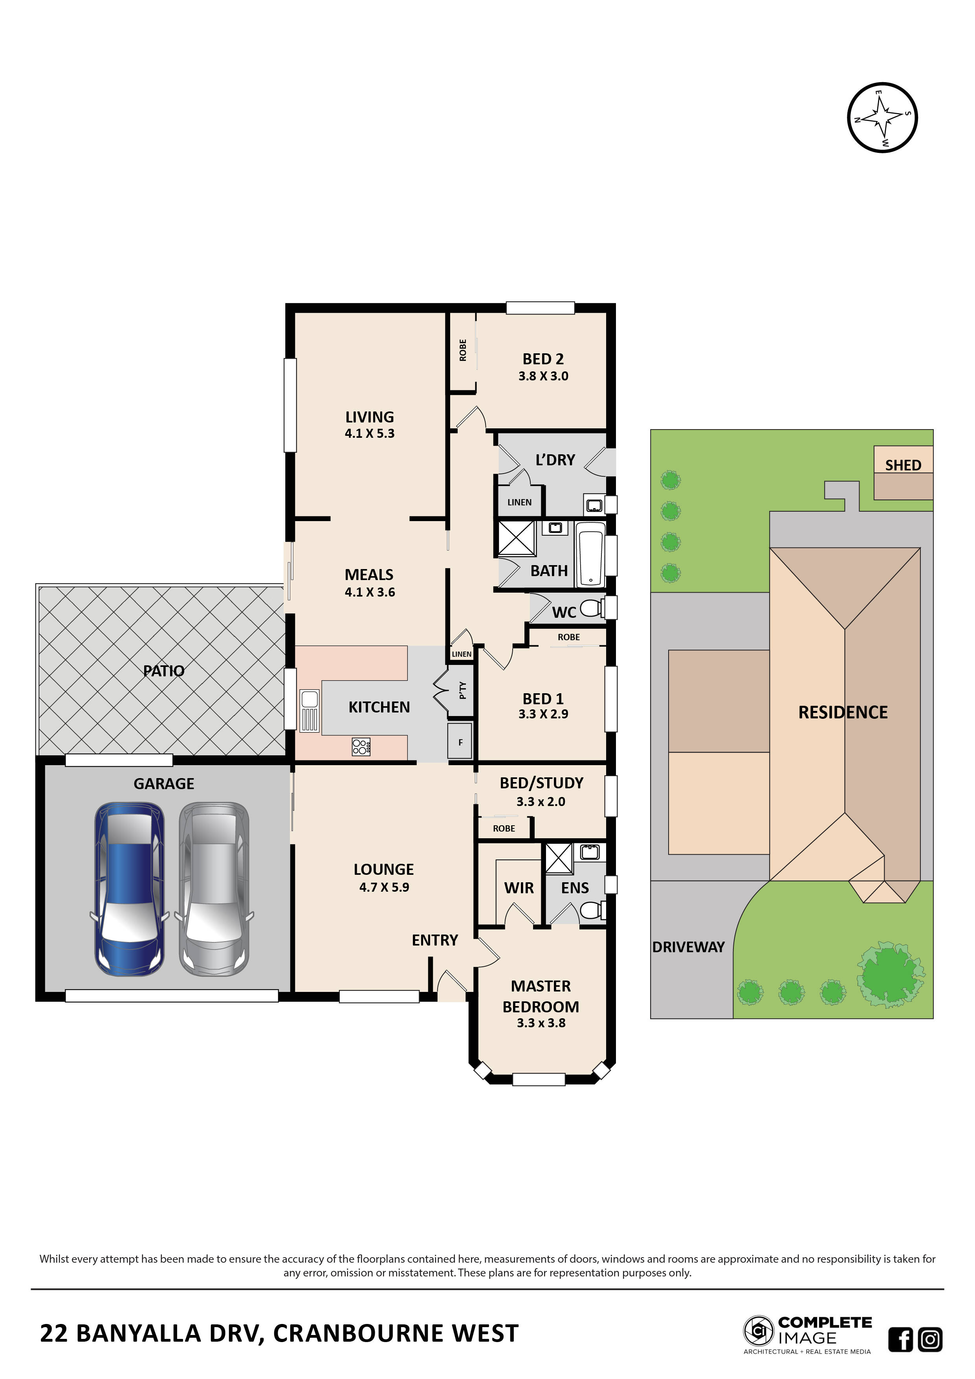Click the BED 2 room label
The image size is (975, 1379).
pos(543,359)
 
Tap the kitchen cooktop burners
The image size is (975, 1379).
pos(360,747)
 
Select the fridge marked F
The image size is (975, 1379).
pos(460,742)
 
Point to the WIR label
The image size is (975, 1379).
pos(519,888)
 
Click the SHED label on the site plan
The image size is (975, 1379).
pos(902,465)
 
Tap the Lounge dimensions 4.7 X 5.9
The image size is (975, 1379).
pos(384,887)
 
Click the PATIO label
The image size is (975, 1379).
pos(163,671)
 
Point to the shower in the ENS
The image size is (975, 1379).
pos(558,858)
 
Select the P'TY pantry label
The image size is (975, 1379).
pos(462,691)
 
